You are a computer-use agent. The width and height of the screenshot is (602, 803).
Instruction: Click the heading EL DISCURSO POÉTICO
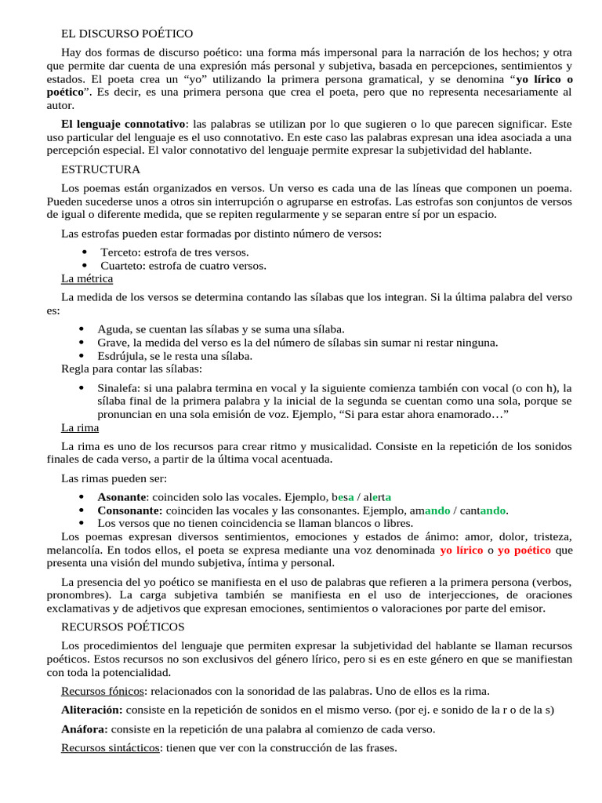[127, 33]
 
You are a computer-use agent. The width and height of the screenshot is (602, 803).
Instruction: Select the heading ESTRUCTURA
[100, 169]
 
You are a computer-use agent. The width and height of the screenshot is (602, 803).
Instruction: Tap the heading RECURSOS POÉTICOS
[123, 627]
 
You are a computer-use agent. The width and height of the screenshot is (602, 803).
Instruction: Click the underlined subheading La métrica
[87, 278]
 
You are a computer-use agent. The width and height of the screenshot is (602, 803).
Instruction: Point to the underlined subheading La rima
[80, 428]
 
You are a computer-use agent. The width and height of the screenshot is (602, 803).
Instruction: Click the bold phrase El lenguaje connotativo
[124, 124]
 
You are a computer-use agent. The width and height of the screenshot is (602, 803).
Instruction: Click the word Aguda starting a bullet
[113, 329]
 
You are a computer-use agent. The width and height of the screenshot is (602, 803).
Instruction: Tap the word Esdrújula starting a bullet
[121, 356]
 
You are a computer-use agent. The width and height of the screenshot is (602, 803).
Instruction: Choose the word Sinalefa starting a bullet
[119, 387]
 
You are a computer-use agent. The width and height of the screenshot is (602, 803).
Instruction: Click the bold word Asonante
[121, 496]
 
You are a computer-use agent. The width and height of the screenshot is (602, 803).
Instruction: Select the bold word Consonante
[129, 511]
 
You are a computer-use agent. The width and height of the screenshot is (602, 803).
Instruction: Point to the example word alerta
[378, 496]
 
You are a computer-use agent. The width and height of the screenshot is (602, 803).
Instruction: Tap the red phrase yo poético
[524, 550]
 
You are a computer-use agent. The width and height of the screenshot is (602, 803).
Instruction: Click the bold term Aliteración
[92, 710]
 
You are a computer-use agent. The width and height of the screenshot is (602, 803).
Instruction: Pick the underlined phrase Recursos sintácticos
[111, 748]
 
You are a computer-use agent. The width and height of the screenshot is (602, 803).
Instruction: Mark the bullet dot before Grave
[83, 343]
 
